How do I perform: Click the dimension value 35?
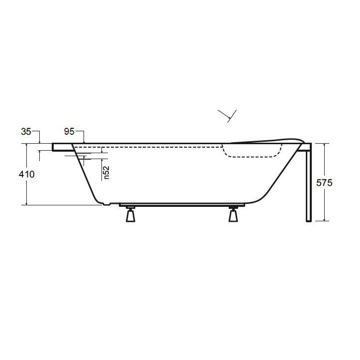pyautogui.click(x=26, y=132)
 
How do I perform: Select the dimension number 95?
pyautogui.click(x=70, y=132)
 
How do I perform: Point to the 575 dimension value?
pyautogui.click(x=324, y=182)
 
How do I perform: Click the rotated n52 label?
pyautogui.click(x=107, y=172)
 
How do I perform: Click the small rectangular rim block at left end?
pyautogui.click(x=62, y=147)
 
